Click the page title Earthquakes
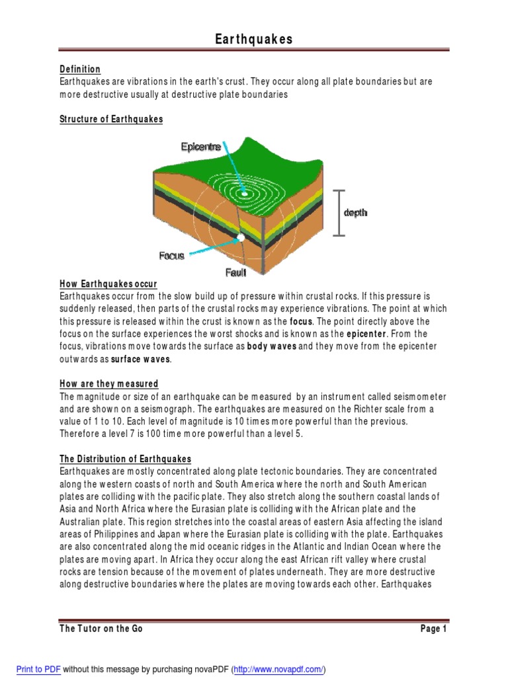click(254, 40)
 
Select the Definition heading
click(80, 69)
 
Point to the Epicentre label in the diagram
click(201, 147)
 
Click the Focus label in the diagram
click(171, 256)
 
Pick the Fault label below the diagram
click(235, 272)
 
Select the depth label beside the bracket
click(355, 213)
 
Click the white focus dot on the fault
click(241, 237)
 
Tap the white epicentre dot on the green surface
click(253, 194)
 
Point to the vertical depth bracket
click(339, 212)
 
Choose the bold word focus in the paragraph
click(301, 321)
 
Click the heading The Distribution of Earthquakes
click(126, 459)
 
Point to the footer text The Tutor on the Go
click(101, 629)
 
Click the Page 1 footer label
click(434, 629)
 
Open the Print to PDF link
click(38, 669)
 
